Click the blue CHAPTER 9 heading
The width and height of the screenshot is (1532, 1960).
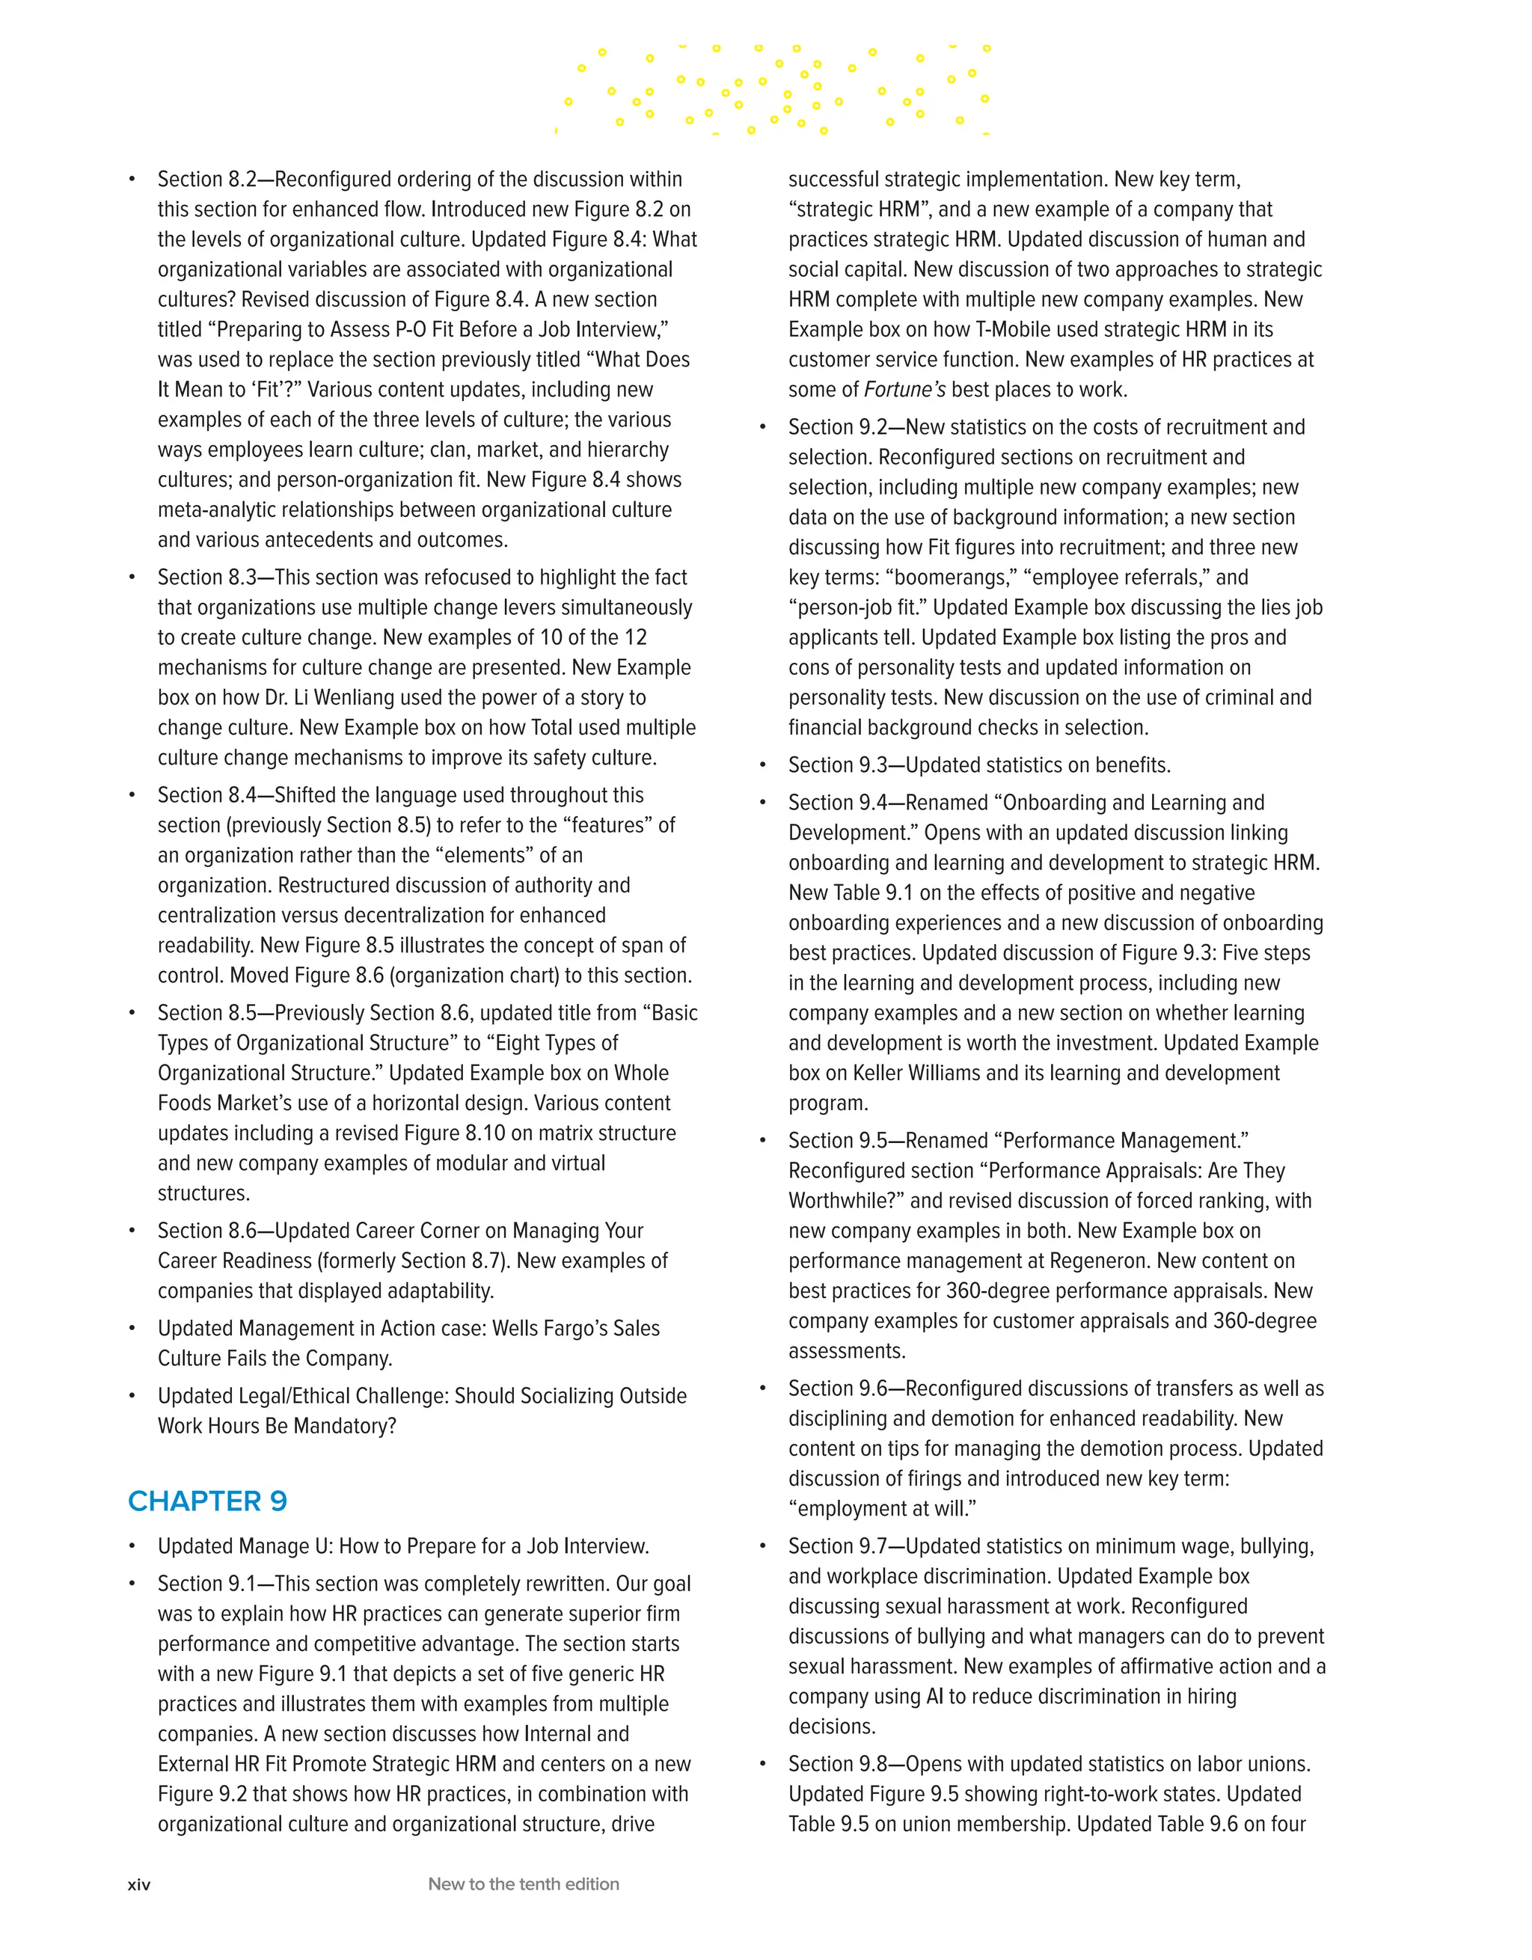click(207, 1501)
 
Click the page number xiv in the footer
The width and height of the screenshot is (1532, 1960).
click(139, 1884)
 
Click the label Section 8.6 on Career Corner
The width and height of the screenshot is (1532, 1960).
click(206, 1231)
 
